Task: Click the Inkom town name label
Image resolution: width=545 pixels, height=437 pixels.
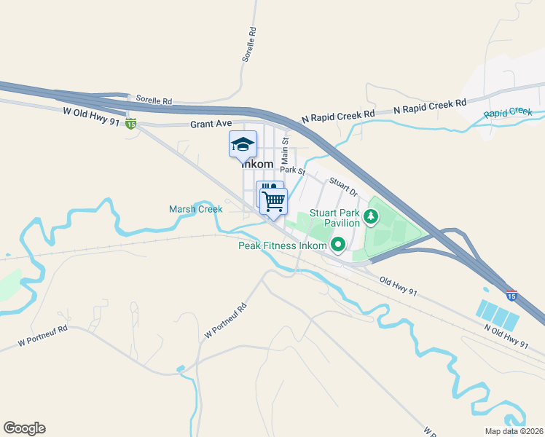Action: tap(258, 165)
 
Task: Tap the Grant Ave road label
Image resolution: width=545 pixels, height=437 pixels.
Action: tap(211, 124)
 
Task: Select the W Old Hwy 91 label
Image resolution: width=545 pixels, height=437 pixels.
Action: tap(91, 113)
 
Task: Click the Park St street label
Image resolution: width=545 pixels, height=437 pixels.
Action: tap(292, 170)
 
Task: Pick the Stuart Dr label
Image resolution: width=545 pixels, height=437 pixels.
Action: tap(343, 186)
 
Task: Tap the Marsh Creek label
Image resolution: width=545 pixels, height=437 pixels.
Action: tap(195, 209)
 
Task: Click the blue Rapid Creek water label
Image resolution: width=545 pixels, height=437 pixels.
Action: tap(508, 112)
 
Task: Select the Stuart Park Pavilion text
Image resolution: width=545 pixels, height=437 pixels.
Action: tap(335, 218)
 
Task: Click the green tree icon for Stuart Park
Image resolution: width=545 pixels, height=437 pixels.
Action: tap(371, 216)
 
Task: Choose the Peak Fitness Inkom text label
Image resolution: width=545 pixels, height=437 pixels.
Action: tap(283, 245)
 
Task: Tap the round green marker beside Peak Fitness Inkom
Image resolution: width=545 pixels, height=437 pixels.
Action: tap(338, 245)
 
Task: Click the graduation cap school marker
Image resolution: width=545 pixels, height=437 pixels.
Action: tap(243, 144)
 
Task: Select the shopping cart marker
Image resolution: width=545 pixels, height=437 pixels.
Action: tap(274, 200)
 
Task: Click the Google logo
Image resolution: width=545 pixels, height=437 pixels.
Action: tap(24, 428)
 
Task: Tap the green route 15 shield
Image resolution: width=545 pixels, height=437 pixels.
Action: tap(130, 124)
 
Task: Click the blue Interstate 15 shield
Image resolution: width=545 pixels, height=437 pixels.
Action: tap(512, 295)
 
